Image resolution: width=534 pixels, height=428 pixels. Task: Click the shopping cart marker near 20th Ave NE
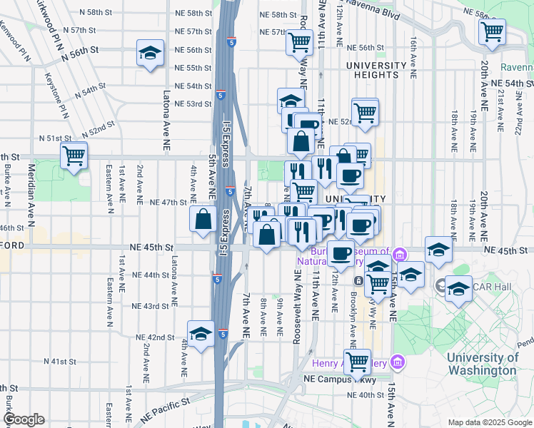tap(492, 32)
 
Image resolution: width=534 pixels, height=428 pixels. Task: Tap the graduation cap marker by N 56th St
tap(150, 53)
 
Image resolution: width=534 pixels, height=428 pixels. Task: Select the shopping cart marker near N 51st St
tap(74, 155)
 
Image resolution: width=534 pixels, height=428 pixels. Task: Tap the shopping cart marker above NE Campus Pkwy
tap(357, 361)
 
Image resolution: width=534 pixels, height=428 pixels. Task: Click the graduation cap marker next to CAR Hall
tap(458, 289)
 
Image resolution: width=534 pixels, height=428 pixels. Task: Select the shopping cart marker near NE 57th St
tap(300, 41)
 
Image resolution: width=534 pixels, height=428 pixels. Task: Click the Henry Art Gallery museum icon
tap(399, 363)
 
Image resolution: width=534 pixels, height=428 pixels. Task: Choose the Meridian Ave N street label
tap(31, 185)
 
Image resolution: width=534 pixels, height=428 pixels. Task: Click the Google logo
tap(24, 419)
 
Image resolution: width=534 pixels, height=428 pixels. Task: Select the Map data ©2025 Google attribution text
tap(489, 422)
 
